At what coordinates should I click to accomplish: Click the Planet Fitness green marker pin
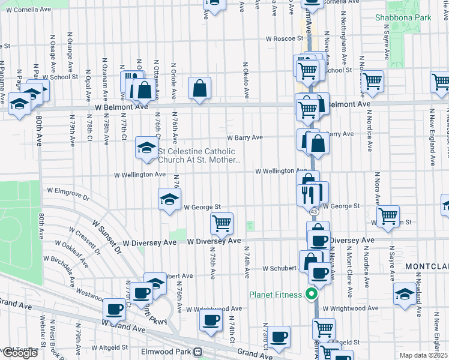tap(311, 294)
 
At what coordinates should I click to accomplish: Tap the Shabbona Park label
tap(403, 17)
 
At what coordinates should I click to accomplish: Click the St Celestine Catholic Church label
tap(199, 156)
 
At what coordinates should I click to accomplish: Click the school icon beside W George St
tap(169, 199)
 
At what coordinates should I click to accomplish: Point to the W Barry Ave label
tap(244, 137)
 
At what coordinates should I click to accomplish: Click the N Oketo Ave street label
tap(246, 80)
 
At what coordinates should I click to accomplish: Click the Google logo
tap(19, 353)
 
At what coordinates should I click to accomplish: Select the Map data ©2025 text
tap(424, 355)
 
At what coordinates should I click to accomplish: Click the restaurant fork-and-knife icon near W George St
tap(306, 193)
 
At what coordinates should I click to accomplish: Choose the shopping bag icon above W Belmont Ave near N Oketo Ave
tap(199, 89)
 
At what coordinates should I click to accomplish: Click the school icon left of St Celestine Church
tap(146, 148)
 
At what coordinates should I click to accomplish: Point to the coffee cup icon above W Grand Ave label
tap(114, 310)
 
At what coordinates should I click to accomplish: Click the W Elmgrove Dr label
tap(67, 194)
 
